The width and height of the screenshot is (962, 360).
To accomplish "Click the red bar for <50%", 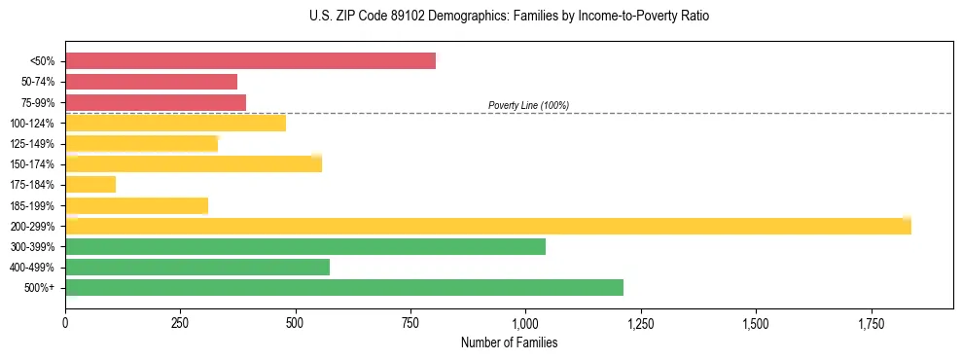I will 250,61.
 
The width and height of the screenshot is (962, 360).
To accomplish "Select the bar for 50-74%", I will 151,82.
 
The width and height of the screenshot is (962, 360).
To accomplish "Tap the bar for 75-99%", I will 156,102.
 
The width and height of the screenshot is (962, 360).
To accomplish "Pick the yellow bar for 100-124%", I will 175,123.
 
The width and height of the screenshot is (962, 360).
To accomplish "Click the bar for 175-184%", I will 90,184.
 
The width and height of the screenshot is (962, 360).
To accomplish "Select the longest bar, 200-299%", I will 487,226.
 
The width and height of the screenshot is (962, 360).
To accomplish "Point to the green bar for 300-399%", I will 305,246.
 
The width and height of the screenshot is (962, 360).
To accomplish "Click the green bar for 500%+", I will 344,287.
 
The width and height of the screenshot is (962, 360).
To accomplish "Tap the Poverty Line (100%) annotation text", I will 528,105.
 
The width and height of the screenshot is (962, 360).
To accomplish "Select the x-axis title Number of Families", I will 510,342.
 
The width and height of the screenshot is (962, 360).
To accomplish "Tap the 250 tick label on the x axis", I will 180,322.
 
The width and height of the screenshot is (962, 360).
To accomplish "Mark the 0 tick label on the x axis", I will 65,322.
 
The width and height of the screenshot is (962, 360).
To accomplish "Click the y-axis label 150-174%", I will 32,163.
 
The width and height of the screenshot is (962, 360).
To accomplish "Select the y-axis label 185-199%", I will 32,205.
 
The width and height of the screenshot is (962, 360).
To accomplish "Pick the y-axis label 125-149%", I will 32,143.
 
